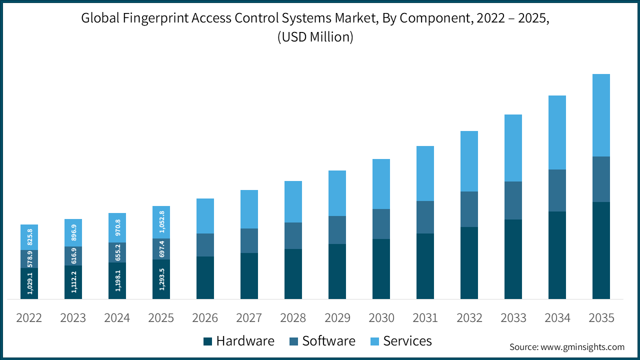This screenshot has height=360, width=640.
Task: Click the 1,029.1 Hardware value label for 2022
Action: coord(29,283)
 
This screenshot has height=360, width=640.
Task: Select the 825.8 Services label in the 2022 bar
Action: coord(29,237)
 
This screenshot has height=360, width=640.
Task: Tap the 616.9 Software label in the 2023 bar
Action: coord(73,256)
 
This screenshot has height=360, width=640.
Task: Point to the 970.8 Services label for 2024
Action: coord(117,228)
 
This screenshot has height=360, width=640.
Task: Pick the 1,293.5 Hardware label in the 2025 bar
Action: coord(161,279)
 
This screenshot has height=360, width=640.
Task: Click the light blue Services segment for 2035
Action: coord(601,115)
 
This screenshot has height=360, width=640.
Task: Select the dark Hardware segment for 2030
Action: coord(381,269)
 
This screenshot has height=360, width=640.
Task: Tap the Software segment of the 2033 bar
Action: coord(513,200)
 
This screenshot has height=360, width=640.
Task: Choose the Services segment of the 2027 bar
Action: coord(249,209)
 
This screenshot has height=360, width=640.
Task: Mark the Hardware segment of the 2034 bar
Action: coord(557,255)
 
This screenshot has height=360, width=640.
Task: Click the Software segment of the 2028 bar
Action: coord(293,235)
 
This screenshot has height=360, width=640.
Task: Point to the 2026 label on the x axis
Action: coord(205,318)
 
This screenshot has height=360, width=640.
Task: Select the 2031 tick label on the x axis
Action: coord(425,318)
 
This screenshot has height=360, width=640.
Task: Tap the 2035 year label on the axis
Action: coord(601,318)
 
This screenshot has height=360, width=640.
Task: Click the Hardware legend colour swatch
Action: coord(208,341)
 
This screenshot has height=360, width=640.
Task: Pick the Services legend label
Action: coord(407,341)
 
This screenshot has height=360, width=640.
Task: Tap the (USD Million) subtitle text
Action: coord(315,37)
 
